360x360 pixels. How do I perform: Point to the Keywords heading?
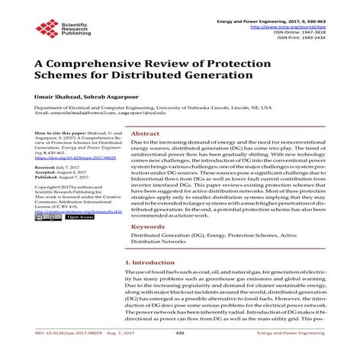(149, 227)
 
